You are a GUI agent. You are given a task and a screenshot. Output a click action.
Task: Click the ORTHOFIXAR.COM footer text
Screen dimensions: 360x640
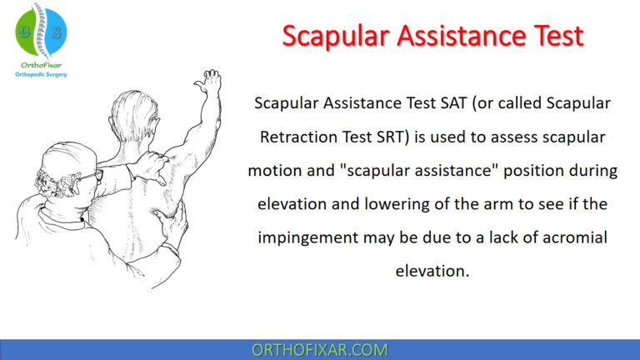319,350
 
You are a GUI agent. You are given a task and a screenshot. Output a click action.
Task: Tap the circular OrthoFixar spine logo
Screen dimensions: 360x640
40,30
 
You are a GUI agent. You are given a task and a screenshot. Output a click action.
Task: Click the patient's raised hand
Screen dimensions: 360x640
209,84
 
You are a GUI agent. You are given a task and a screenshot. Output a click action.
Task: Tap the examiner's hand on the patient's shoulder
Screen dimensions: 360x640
152,164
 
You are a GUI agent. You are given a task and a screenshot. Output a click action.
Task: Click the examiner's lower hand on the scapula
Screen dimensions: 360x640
173,223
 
